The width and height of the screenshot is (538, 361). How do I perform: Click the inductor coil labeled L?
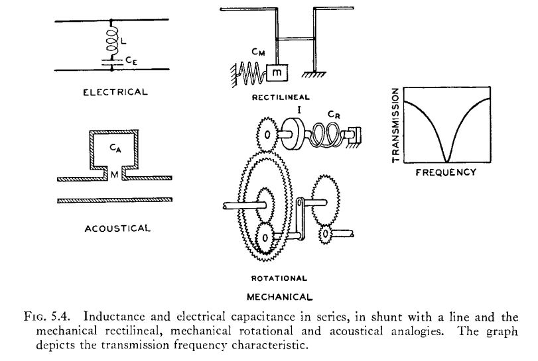pos(110,41)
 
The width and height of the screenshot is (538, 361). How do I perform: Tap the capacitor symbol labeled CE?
pos(110,60)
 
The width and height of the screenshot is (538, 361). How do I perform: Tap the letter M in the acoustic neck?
pos(114,175)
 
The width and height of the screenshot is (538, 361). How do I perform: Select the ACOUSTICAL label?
pos(117,229)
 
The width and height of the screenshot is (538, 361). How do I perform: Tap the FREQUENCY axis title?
pos(445,173)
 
